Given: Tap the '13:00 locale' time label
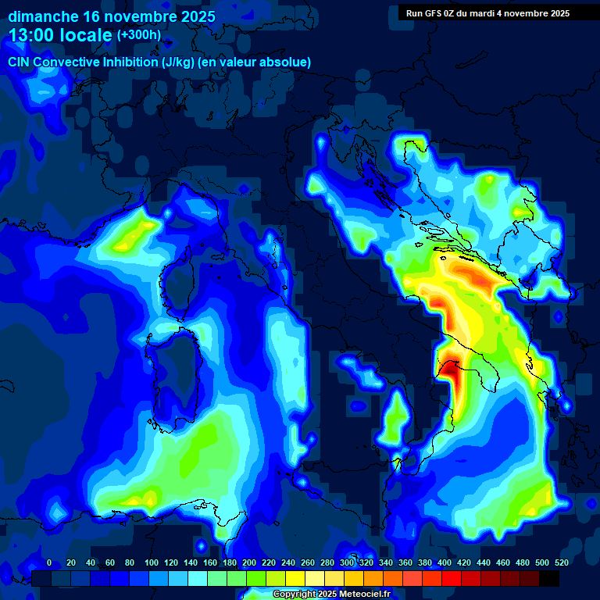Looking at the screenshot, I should point(60,35).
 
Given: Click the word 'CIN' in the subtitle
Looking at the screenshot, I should point(20,62).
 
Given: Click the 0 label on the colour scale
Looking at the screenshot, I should point(49,562).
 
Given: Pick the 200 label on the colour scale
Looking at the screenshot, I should point(248,562).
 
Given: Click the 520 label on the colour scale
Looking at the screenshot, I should point(561,562).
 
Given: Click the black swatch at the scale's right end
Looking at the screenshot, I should point(549,578).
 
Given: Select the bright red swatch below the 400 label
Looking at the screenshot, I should point(452,578).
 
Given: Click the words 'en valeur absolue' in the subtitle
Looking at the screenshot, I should point(259,62).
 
